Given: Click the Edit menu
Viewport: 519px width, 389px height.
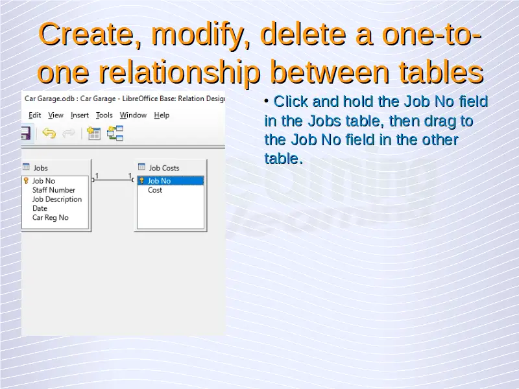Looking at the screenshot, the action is click(35, 115).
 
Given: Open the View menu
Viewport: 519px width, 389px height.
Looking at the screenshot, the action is click(56, 115).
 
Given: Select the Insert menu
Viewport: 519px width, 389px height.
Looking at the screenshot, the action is click(79, 115).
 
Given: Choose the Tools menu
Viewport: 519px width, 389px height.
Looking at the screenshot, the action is click(104, 115).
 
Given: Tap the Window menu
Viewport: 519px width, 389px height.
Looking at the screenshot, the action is click(133, 115).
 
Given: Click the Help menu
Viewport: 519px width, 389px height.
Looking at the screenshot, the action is click(162, 115).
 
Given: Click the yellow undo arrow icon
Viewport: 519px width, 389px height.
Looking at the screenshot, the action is click(49, 134).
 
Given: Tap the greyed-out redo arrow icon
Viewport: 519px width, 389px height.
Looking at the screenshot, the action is click(69, 134).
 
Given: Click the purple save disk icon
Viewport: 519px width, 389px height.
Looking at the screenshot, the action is click(26, 134).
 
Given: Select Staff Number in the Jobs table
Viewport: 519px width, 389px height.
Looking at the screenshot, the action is click(54, 190).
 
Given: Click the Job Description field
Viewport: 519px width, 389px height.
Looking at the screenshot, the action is click(57, 199).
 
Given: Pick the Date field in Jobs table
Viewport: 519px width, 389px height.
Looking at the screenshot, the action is click(40, 208).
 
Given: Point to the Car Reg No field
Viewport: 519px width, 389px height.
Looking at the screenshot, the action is click(51, 218).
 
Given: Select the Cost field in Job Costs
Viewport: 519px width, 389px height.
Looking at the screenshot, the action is click(155, 190).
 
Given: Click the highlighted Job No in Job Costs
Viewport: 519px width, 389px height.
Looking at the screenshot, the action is click(159, 181).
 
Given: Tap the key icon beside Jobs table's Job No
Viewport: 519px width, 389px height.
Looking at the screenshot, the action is click(26, 181).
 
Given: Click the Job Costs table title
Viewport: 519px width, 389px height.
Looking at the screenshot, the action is click(164, 168).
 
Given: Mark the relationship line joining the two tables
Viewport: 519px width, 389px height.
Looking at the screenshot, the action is click(112, 180).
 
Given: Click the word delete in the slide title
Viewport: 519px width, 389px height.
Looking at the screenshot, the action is click(303, 34).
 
